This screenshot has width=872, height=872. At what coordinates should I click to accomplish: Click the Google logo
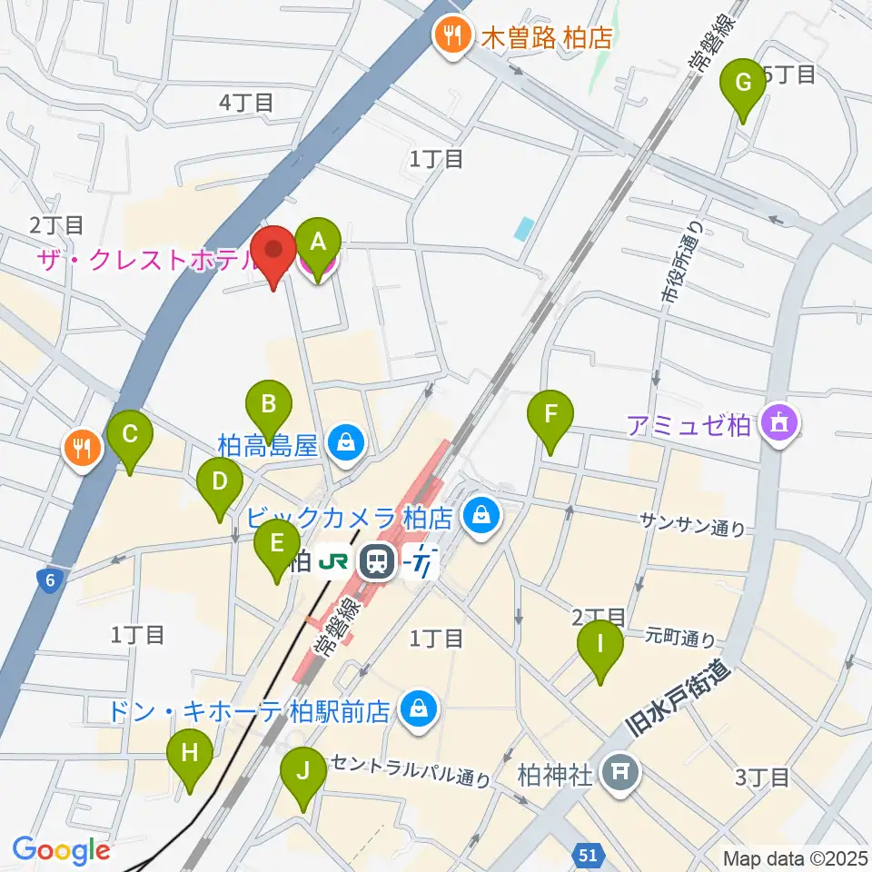61,850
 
